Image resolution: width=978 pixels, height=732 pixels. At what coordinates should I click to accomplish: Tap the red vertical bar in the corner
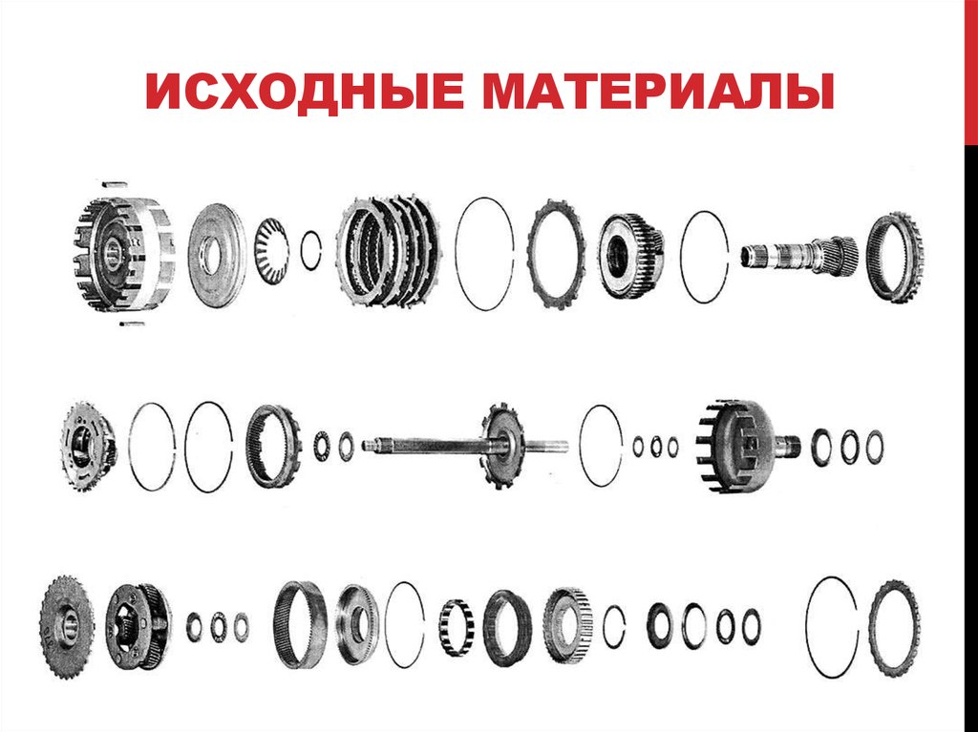pyautogui.click(x=969, y=72)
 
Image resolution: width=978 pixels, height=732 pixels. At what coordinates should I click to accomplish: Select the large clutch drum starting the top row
pyautogui.click(x=124, y=253)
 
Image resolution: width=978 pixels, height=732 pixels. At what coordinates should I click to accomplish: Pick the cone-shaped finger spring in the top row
pyautogui.click(x=271, y=251)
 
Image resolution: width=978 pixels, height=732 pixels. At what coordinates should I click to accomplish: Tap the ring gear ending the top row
pyautogui.click(x=894, y=257)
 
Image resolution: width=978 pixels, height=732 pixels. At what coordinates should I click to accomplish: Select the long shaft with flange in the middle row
pyautogui.click(x=468, y=445)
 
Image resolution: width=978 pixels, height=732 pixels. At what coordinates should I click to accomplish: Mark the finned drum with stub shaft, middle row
pyautogui.click(x=744, y=446)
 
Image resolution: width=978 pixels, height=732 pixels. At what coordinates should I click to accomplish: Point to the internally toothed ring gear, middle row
pyautogui.click(x=273, y=445)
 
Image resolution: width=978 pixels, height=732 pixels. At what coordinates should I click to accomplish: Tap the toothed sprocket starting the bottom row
pyautogui.click(x=68, y=627)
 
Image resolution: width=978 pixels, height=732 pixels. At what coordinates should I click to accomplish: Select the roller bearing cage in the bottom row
pyautogui.click(x=457, y=627)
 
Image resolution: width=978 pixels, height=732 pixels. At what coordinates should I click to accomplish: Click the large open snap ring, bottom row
pyautogui.click(x=831, y=627)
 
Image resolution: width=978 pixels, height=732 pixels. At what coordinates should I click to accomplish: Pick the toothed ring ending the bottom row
pyautogui.click(x=894, y=627)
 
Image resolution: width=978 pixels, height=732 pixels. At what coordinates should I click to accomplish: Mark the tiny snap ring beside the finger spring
pyautogui.click(x=310, y=251)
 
